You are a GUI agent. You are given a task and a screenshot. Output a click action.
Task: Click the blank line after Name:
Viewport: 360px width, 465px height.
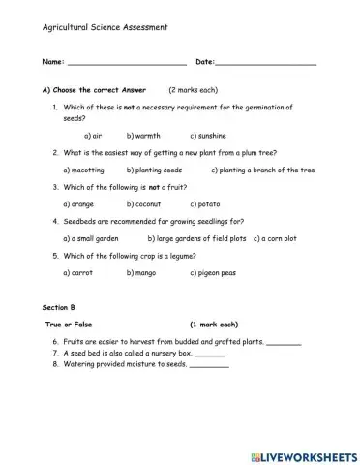tap(125, 64)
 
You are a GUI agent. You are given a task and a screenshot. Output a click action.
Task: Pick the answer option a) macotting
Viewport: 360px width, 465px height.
tap(87, 170)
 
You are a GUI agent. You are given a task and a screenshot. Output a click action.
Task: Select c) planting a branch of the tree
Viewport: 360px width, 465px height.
tap(263, 170)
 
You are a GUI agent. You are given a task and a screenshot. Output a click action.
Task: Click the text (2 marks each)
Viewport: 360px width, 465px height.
tap(195, 89)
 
